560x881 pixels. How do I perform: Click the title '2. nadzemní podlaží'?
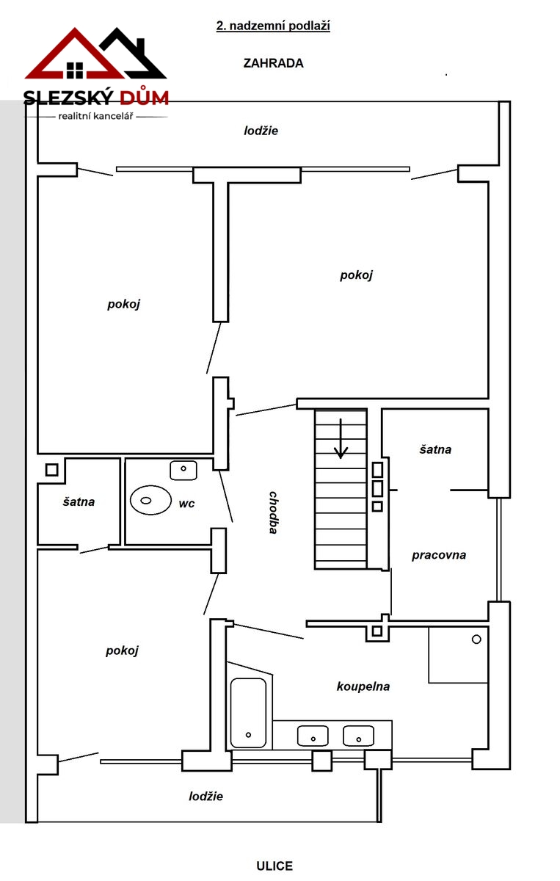[x=273, y=26]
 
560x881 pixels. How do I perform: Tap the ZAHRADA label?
[x=273, y=63]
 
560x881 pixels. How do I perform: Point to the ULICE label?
[x=274, y=866]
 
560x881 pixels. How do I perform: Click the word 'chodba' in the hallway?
[x=273, y=512]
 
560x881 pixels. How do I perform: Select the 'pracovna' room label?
[x=439, y=555]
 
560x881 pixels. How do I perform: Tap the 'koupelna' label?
[x=363, y=686]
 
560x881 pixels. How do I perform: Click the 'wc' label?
[x=186, y=504]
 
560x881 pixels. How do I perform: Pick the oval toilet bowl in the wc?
[x=150, y=500]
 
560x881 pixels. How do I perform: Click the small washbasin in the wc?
[x=183, y=471]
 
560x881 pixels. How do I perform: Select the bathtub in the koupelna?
[x=248, y=712]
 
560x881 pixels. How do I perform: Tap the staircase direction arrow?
[x=341, y=438]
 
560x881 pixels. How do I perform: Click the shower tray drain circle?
[x=476, y=639]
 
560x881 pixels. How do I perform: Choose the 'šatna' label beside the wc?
[x=79, y=502]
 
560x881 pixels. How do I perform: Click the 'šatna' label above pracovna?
[x=435, y=449]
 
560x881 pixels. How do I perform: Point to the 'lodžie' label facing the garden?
[x=261, y=131]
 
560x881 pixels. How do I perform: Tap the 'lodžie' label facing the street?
[x=206, y=797]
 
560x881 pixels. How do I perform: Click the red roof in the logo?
[x=74, y=53]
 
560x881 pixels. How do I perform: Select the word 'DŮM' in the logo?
[x=144, y=97]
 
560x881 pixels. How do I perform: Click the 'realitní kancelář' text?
[x=96, y=117]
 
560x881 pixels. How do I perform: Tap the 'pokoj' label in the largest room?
[x=356, y=275]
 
